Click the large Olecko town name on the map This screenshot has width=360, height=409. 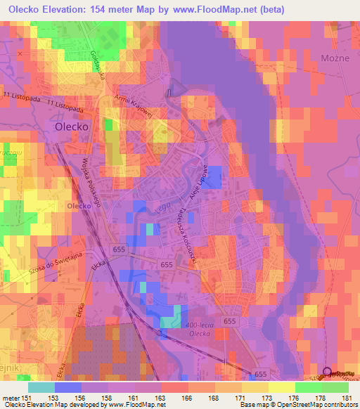tap(71, 127)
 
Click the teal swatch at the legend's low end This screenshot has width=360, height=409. tap(41, 387)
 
